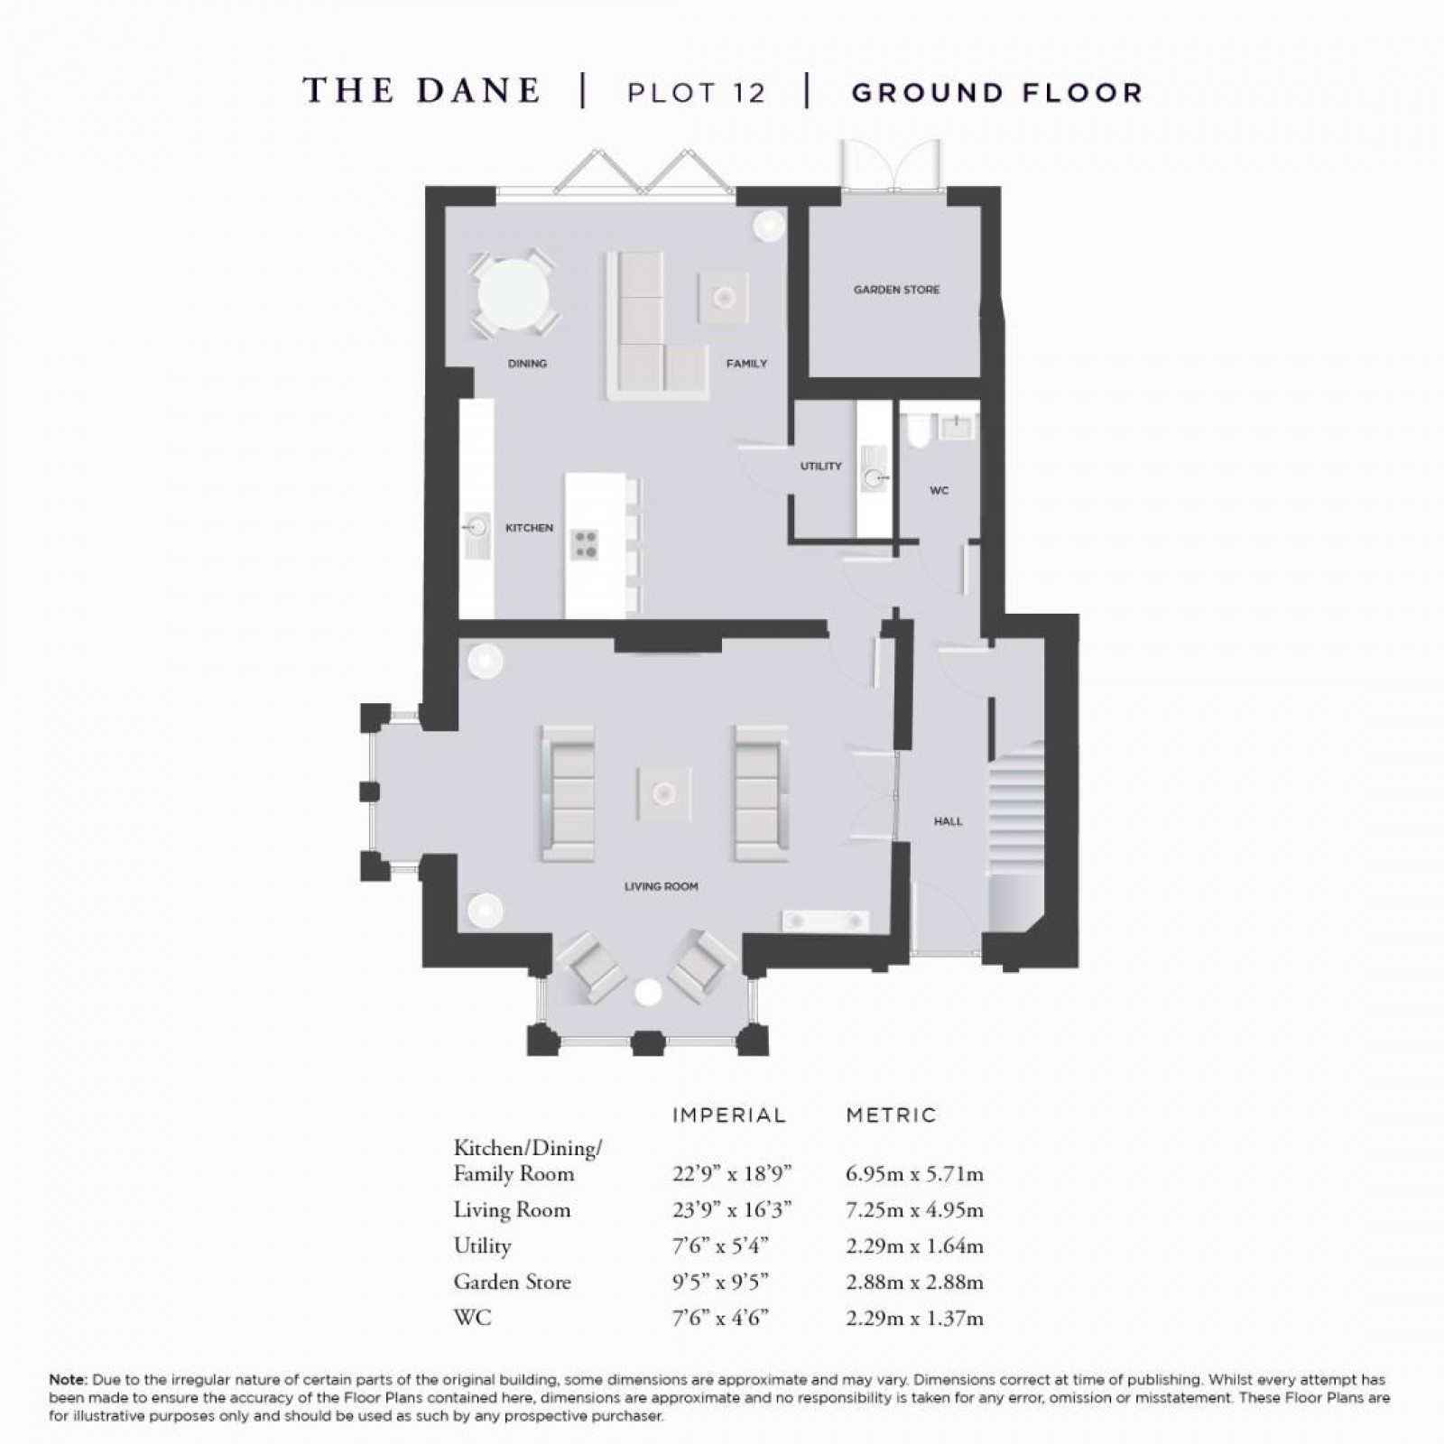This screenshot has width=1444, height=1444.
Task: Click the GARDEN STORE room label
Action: [896, 290]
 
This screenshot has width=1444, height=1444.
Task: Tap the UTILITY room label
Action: [820, 467]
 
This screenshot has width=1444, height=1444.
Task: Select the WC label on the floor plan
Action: [939, 491]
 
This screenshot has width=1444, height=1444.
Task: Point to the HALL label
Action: [948, 821]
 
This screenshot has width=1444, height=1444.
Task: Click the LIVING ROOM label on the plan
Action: [661, 886]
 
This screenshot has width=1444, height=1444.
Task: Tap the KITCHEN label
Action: [529, 528]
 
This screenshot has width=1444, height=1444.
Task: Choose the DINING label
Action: [527, 364]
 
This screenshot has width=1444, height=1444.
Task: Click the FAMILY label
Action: [746, 364]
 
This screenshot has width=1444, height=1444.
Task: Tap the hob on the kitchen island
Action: [586, 544]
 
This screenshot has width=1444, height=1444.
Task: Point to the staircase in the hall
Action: [1014, 812]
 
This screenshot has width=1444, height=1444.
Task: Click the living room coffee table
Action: [664, 793]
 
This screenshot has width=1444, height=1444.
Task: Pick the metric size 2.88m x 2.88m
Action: [914, 1282]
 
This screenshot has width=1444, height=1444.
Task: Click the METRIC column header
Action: [892, 1115]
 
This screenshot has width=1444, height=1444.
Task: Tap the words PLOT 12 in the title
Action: [696, 93]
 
